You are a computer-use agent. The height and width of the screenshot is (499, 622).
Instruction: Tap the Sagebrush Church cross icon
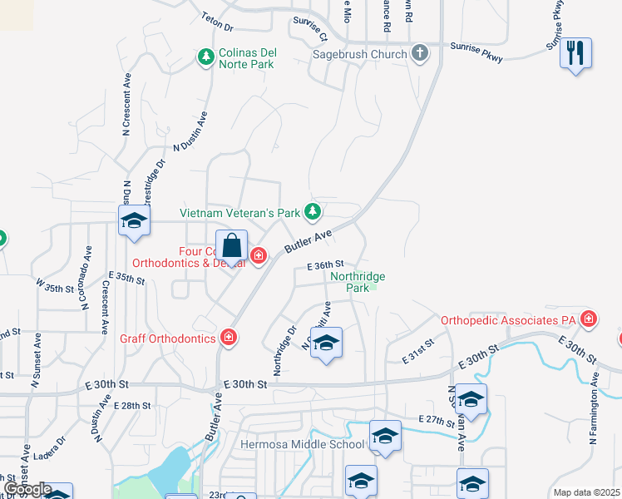420,54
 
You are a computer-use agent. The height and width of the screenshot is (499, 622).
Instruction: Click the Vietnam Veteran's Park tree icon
312,213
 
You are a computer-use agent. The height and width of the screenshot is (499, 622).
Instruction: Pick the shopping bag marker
232,247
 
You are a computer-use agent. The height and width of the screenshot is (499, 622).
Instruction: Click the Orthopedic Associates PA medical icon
589,319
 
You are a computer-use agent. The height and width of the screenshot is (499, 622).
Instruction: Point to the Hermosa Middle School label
303,444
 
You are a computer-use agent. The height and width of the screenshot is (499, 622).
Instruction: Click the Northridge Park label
358,282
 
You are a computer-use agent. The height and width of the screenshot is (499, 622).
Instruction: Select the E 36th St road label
325,265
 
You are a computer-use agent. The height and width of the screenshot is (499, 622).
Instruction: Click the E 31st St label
418,350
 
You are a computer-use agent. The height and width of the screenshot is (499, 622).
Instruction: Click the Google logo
27,489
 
